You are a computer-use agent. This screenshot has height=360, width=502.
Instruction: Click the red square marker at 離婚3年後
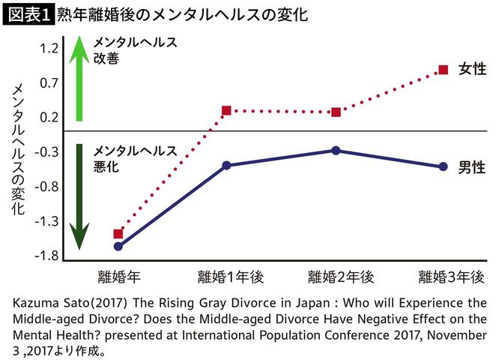pos(443,70)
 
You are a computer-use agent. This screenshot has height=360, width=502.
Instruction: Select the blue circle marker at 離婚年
pos(118,246)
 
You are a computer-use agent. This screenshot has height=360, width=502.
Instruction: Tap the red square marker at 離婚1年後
pos(226,111)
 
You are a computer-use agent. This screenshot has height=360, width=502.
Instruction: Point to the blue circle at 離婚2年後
pos(336,151)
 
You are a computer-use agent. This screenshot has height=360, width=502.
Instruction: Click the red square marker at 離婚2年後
pos(336,112)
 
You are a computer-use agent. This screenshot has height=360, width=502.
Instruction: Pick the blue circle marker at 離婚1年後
pos(226,165)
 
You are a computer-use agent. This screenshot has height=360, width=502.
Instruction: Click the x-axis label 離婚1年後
pos(231,276)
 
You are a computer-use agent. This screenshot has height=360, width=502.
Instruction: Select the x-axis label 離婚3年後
pos(452,276)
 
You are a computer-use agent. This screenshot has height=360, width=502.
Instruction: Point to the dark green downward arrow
pos(79,195)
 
